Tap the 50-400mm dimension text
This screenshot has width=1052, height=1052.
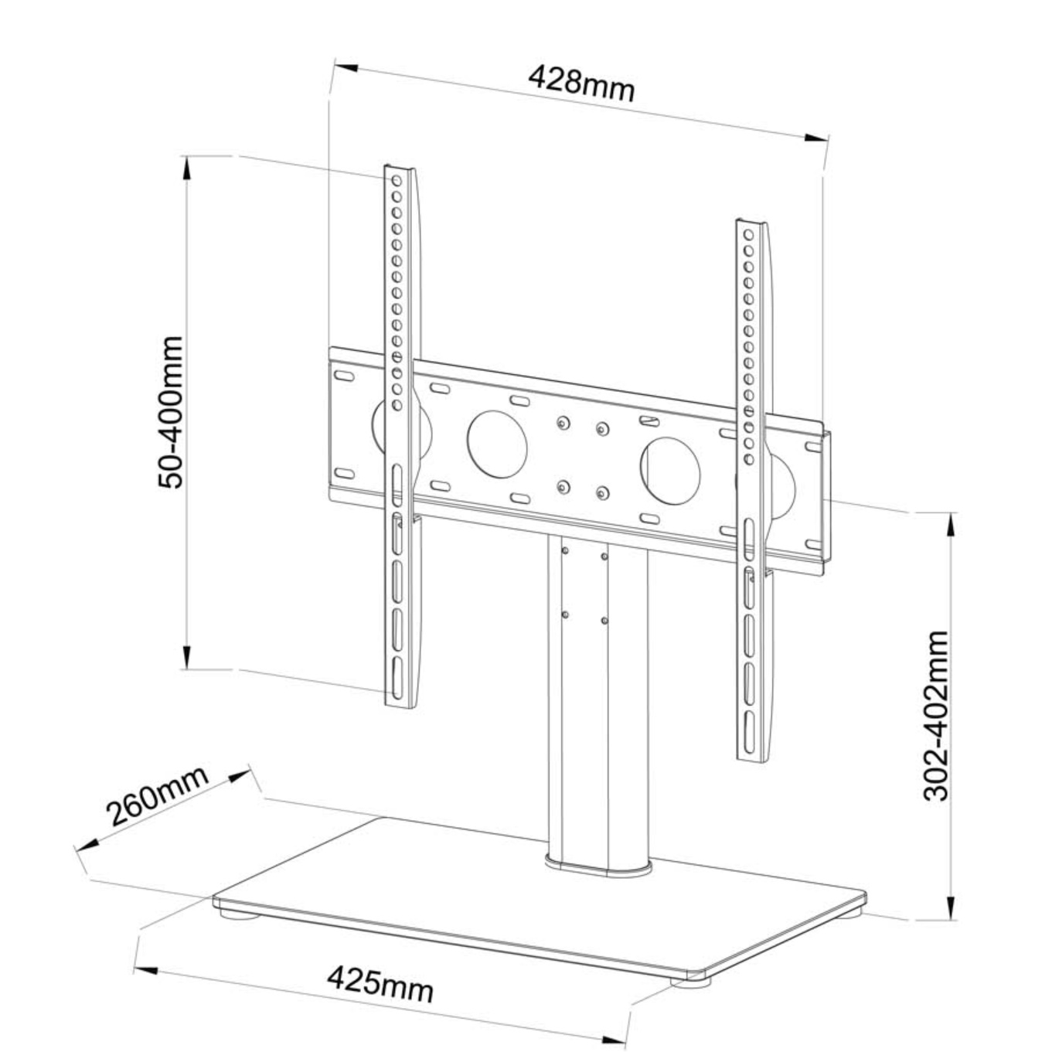[171, 412]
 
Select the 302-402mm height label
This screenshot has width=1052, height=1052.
[936, 715]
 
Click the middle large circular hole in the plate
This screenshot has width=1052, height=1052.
[497, 444]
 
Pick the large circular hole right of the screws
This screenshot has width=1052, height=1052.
[670, 470]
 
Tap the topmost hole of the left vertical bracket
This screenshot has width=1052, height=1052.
[397, 180]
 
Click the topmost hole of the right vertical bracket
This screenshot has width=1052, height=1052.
[748, 235]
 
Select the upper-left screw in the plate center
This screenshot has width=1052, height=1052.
[562, 422]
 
